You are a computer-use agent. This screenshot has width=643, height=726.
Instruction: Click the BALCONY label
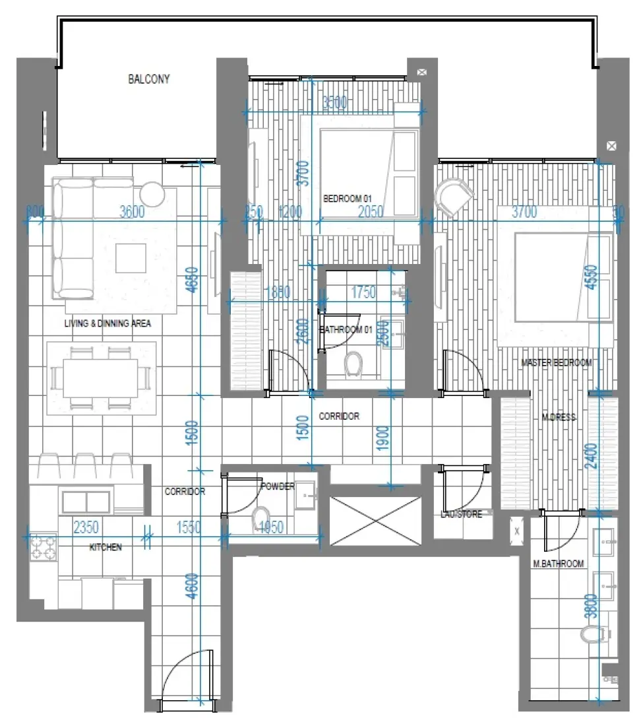(148, 80)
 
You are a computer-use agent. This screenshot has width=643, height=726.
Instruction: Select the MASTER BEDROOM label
(556, 362)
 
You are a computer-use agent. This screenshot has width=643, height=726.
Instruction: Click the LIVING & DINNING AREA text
(108, 323)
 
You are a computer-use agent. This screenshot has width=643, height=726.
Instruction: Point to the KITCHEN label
(105, 547)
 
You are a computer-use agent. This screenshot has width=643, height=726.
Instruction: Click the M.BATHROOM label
(558, 564)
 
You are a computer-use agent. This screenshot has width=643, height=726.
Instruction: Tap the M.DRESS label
(559, 417)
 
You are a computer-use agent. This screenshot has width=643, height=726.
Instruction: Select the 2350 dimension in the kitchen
(86, 528)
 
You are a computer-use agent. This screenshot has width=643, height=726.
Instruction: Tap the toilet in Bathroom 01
(354, 362)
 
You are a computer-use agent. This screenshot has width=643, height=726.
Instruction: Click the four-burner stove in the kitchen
(43, 546)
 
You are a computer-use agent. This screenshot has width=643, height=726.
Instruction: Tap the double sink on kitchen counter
(87, 502)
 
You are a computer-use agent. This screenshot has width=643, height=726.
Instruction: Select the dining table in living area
(100, 376)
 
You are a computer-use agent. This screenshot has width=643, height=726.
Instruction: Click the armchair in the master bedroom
(454, 196)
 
